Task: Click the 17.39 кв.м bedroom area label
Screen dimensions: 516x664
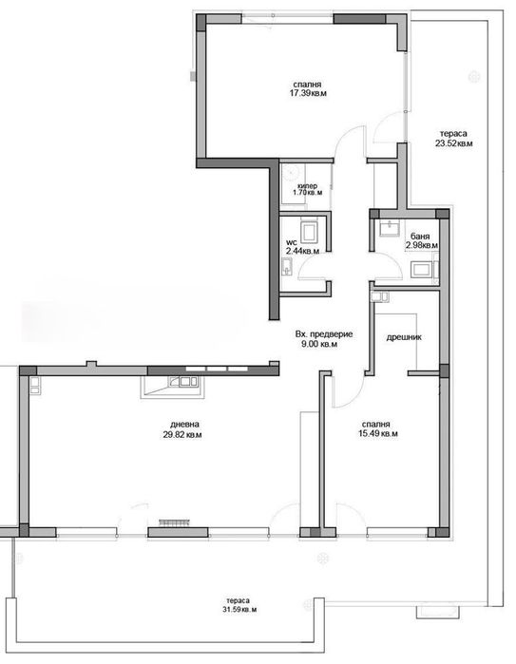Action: click(x=308, y=93)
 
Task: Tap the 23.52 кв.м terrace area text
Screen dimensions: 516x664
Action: click(x=453, y=143)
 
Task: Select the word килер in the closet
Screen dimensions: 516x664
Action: click(x=308, y=186)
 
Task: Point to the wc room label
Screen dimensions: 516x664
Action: click(x=291, y=242)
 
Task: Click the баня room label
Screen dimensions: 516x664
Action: click(x=420, y=237)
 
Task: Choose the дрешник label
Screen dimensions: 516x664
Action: click(x=404, y=337)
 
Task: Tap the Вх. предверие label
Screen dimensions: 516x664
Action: click(x=324, y=334)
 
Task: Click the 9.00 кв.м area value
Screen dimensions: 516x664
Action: click(x=319, y=344)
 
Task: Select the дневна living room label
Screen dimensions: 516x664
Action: click(x=184, y=425)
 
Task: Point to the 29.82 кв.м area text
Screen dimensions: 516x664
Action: click(x=182, y=434)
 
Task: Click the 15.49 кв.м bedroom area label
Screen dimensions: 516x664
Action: click(x=379, y=434)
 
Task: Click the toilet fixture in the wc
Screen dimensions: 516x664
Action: click(x=309, y=232)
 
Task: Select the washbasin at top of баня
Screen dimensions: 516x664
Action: click(x=390, y=228)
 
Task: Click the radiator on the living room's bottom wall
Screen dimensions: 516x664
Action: click(x=175, y=523)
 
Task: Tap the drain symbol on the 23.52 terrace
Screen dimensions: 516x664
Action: click(x=474, y=77)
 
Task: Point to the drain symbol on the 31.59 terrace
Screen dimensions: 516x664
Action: click(x=323, y=559)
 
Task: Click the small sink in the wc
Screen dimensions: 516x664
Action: click(x=286, y=267)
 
